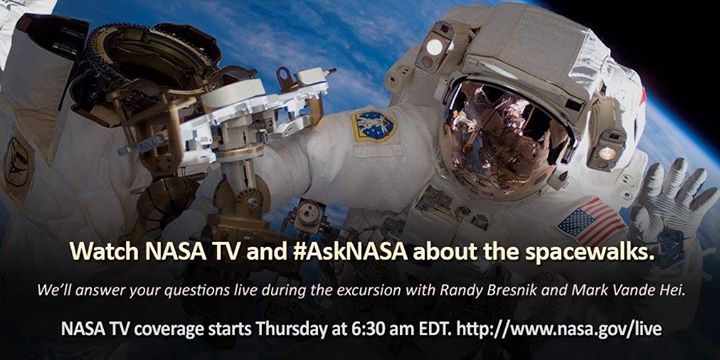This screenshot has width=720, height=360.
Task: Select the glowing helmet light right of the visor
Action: point(607,152)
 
